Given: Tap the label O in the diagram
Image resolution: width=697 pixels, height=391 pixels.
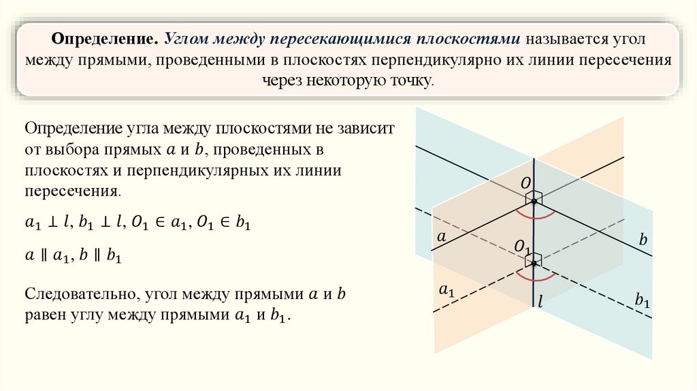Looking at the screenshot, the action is (525, 184).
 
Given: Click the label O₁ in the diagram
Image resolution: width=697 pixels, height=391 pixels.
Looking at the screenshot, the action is (523, 247).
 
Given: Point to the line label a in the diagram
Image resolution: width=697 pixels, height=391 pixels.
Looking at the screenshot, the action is (440, 237).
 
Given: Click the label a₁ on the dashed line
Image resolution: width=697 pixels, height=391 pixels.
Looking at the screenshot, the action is (447, 291).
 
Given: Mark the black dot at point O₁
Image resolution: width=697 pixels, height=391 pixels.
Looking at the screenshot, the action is (534, 263).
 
